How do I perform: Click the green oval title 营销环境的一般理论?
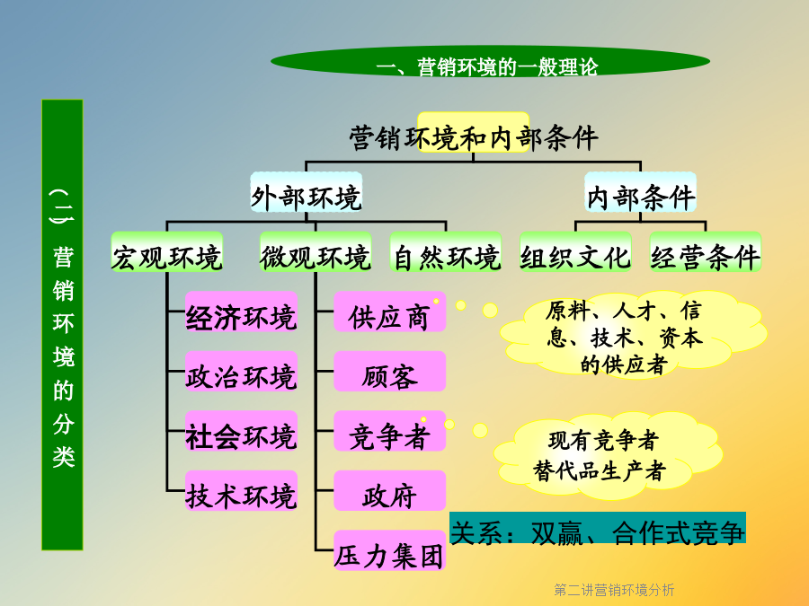click(490, 62)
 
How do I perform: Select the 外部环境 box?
click(306, 192)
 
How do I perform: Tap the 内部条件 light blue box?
click(640, 192)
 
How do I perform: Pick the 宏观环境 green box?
click(167, 252)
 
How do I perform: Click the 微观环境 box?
click(316, 252)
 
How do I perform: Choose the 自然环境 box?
click(446, 252)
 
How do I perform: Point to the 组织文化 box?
click(576, 252)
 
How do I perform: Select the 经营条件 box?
click(706, 252)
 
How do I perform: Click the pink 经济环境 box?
click(242, 312)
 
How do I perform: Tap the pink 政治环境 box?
click(242, 372)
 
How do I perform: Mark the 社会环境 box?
click(242, 431)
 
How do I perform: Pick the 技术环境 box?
click(242, 491)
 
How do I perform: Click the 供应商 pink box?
click(390, 312)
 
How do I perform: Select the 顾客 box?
click(390, 372)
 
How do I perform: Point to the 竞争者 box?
click(390, 431)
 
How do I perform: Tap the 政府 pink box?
click(390, 491)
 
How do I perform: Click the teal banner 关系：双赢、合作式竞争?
click(598, 528)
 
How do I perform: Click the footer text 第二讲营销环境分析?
click(614, 590)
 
